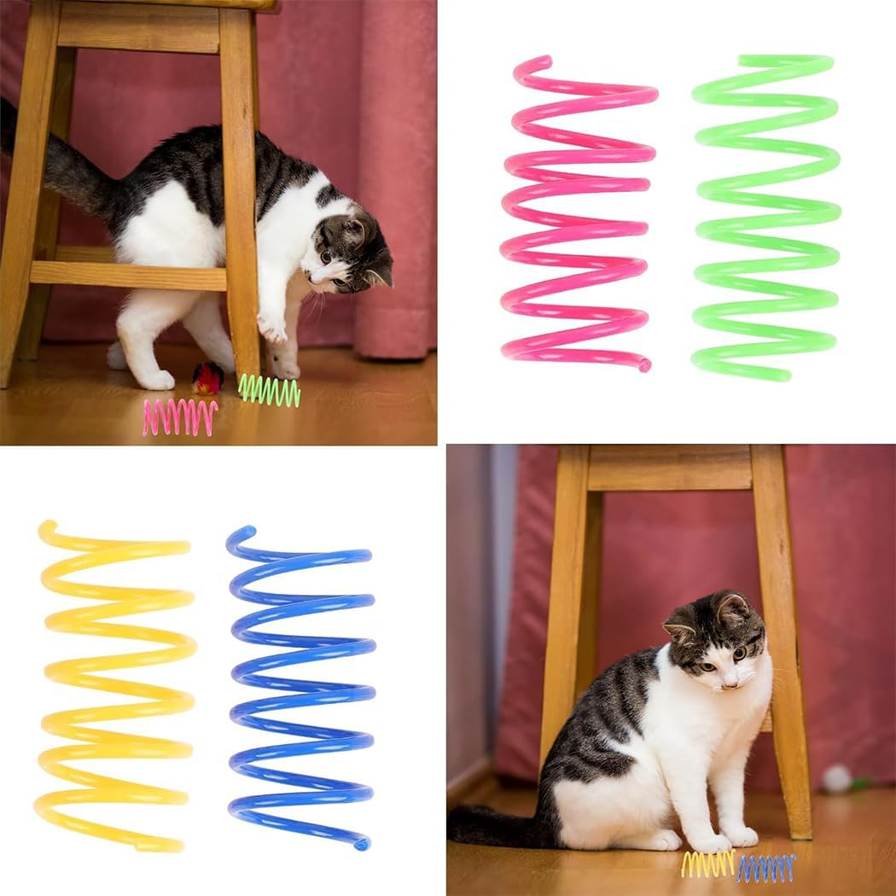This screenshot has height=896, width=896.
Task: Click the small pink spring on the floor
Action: click(180, 416)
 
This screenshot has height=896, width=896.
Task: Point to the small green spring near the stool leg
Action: click(269, 390)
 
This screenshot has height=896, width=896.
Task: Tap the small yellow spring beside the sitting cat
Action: click(707, 864)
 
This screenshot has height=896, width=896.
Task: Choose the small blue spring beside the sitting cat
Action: click(765, 867)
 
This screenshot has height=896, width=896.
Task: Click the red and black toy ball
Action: click(207, 377)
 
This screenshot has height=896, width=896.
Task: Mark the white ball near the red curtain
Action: click(837, 777)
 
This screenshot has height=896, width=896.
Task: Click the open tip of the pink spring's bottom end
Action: click(644, 365)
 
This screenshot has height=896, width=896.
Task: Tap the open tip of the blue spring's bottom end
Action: click(363, 845)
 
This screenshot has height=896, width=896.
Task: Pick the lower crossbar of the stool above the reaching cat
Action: click(128, 275)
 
